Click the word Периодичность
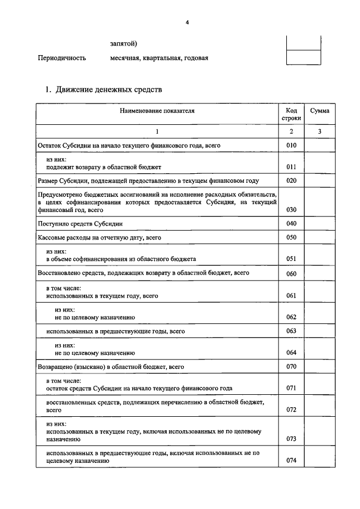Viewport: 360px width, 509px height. (x=61, y=58)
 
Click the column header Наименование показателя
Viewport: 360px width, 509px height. (x=157, y=111)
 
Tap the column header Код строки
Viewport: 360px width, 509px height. (x=291, y=114)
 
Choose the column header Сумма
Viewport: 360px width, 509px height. (x=319, y=111)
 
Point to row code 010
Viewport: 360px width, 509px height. (x=291, y=146)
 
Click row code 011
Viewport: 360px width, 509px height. (x=291, y=167)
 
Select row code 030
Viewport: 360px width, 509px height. (x=291, y=209)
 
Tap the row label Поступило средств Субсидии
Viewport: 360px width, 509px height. (x=80, y=224)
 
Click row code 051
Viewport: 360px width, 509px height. (x=291, y=259)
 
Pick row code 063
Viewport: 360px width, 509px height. (x=291, y=331)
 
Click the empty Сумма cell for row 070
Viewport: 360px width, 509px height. (x=319, y=367)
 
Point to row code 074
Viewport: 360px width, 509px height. (x=291, y=460)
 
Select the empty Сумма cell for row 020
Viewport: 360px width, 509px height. (x=319, y=181)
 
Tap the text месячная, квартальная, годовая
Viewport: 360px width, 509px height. (x=159, y=58)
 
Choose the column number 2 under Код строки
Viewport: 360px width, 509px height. (x=291, y=131)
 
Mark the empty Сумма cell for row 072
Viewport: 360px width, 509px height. (x=319, y=406)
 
